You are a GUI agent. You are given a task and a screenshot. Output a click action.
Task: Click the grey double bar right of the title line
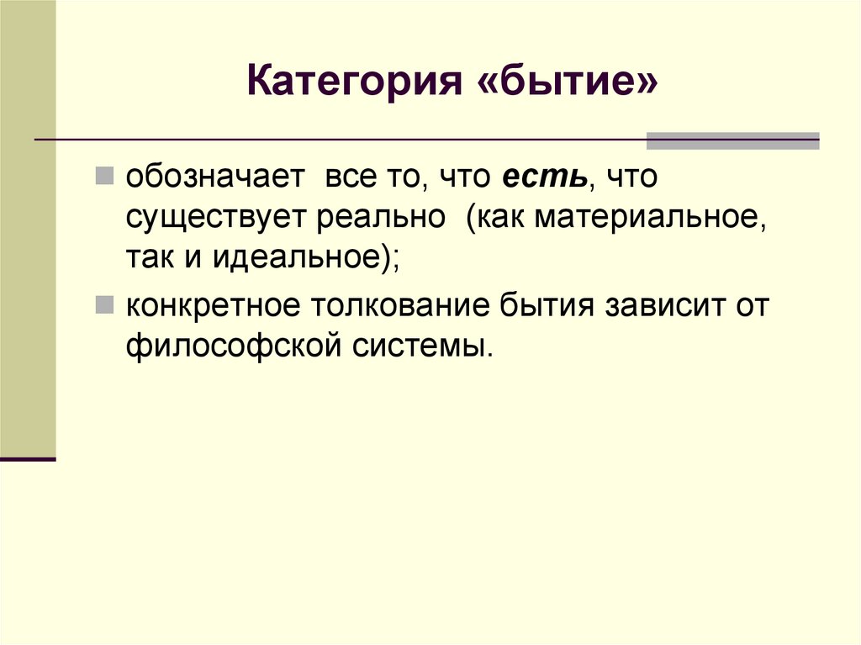(732, 140)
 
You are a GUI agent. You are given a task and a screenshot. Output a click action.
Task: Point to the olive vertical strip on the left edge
(28, 227)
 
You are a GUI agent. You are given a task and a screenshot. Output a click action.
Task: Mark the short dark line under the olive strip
(28, 459)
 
